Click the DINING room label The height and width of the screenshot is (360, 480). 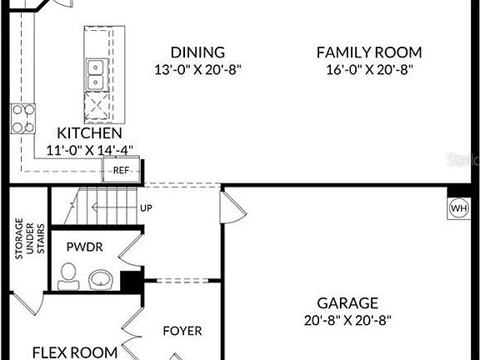pyautogui.click(x=197, y=52)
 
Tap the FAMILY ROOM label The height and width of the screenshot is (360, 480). pyautogui.click(x=368, y=52)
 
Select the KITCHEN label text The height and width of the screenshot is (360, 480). pyautogui.click(x=89, y=133)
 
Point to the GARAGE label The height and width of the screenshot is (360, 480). pyautogui.click(x=347, y=302)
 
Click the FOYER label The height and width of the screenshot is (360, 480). pyautogui.click(x=182, y=331)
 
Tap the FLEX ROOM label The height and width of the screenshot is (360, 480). pyautogui.click(x=75, y=352)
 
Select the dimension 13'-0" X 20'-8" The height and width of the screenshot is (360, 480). pyautogui.click(x=197, y=70)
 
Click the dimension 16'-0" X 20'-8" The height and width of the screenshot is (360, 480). pyautogui.click(x=369, y=70)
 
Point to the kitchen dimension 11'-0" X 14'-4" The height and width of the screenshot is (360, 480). pyautogui.click(x=89, y=150)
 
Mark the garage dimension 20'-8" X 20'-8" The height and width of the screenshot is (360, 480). pyautogui.click(x=347, y=319)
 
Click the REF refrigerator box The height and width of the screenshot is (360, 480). pyautogui.click(x=121, y=171)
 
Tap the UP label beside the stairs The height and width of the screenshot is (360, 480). pyautogui.click(x=147, y=208)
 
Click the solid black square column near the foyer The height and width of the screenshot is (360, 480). pyautogui.click(x=131, y=282)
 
